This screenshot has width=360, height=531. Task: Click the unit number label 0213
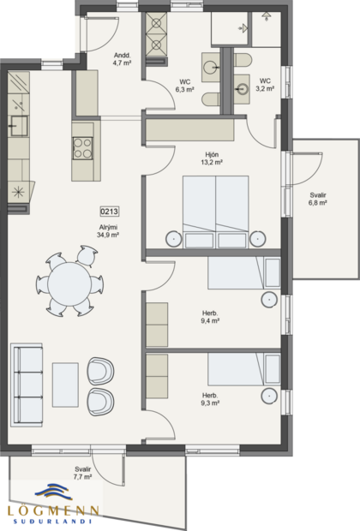109,211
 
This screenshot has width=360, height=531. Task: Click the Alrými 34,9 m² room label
109,230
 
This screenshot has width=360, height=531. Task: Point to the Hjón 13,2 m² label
212,158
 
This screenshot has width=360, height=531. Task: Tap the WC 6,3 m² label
184,85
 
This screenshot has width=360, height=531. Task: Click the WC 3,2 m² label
265,85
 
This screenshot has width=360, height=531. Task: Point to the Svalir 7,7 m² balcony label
83,472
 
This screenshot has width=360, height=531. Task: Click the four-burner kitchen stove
83,149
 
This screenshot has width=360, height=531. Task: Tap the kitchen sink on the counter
17,128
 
